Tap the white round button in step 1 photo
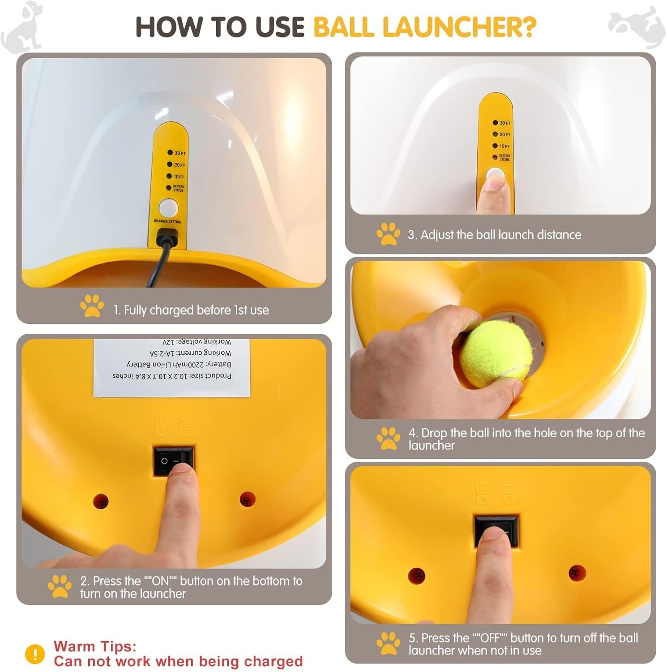point(169,208)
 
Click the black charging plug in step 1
point(167,237)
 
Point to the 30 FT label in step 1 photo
point(180,153)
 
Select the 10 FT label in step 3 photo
point(505,146)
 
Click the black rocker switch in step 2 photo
point(174,460)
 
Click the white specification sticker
point(172,367)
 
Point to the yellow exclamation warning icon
point(35,654)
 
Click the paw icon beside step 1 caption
point(92,306)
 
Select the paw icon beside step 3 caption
point(388,234)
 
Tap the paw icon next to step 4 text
point(388,438)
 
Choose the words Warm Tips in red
point(95,646)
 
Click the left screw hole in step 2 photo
point(100,501)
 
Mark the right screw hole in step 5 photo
point(576,573)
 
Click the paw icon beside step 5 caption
point(388,643)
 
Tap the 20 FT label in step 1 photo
point(180,165)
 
